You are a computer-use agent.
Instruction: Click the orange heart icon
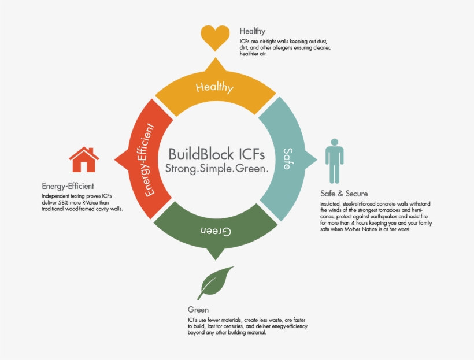pos(215,37)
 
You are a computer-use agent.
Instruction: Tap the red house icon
pos(84,159)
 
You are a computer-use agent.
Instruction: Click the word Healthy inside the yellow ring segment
pos(214,88)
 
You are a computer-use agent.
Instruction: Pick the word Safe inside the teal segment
pos(287,158)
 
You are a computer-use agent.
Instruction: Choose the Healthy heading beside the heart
pos(252,31)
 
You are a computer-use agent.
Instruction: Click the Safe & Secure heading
pos(344,194)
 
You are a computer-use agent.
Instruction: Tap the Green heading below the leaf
pos(198,310)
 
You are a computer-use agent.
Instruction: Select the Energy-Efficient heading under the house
pos(68,186)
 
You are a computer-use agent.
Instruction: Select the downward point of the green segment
pos(216,259)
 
